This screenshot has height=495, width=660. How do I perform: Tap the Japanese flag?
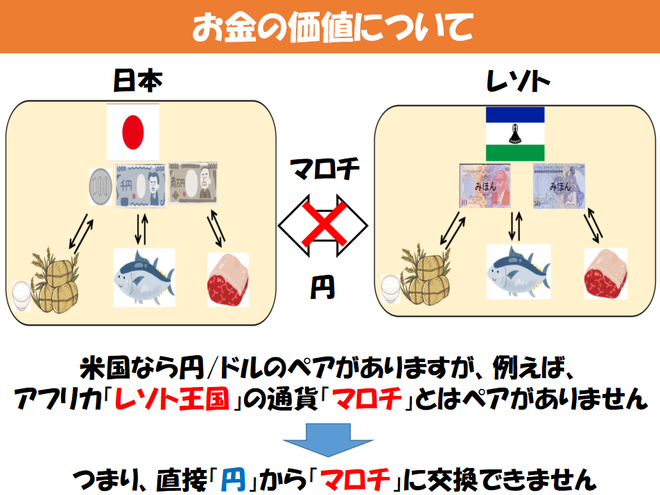tap(132, 132)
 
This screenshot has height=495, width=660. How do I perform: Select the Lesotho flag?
tap(515, 134)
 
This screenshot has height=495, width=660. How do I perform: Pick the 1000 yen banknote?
tap(140, 185)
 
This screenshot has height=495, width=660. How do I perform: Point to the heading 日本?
tap(137, 82)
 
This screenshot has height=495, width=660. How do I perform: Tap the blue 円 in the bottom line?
tap(231, 477)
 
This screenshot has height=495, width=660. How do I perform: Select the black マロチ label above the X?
tap(324, 169)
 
